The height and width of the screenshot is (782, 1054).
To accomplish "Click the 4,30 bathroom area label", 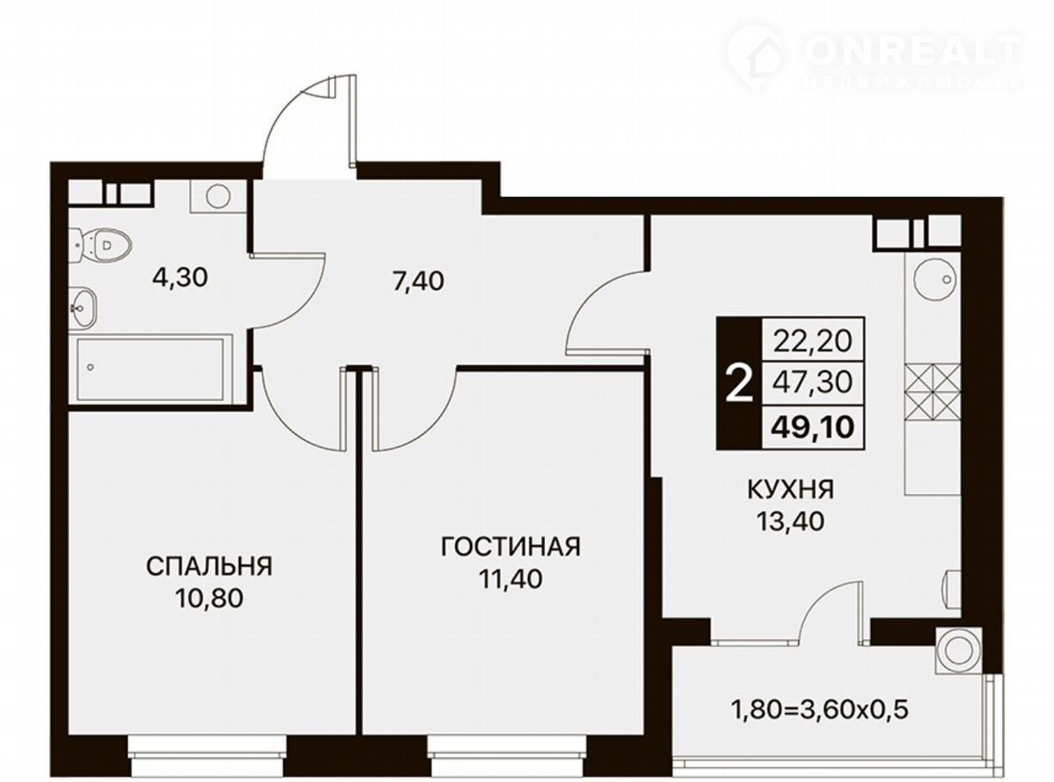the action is point(180,278).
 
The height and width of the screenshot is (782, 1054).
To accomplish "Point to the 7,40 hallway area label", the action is point(418,281).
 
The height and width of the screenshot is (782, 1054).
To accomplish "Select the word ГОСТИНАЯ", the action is point(511,547).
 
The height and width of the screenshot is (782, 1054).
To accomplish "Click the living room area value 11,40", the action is point(511,579).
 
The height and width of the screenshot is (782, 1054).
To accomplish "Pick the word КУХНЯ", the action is point(791,489).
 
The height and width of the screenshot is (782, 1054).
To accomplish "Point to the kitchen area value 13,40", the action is point(790,522).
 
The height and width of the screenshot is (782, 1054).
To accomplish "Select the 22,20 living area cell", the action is point(812,340).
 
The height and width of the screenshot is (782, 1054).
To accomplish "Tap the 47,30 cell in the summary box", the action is point(812,382).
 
